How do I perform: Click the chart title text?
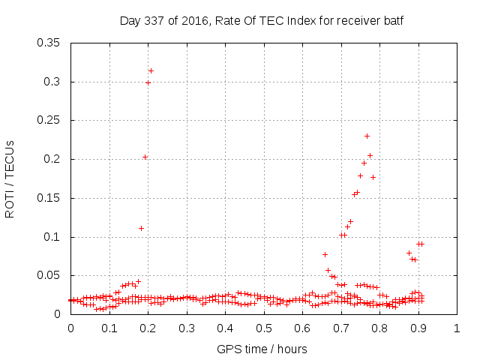[262, 20]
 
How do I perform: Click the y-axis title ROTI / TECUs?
[10, 178]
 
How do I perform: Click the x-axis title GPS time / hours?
[262, 349]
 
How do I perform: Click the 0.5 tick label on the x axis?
[264, 328]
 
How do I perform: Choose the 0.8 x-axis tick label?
[379, 328]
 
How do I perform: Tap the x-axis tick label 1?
[457, 328]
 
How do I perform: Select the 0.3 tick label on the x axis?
[187, 328]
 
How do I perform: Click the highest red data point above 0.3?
[151, 70]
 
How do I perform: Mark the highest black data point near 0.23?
[367, 136]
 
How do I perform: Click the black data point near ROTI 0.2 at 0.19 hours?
[145, 157]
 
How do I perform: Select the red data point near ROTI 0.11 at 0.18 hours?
[141, 228]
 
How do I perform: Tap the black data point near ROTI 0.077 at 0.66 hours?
[325, 254]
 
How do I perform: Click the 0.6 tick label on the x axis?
[302, 328]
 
